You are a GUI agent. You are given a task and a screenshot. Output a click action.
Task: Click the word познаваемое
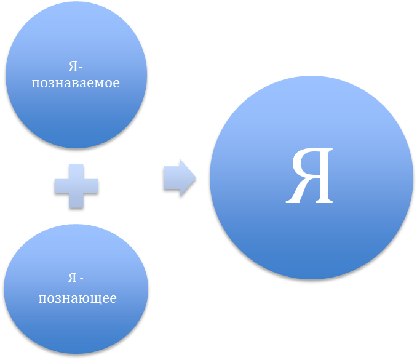coord(76,82)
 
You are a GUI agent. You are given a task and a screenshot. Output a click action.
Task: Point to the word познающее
coord(77,299)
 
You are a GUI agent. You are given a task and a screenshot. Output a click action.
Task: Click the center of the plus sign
coord(76,186)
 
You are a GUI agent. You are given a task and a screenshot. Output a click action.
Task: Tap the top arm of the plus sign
coord(76,170)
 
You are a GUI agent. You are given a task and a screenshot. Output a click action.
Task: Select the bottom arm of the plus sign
coord(76,201)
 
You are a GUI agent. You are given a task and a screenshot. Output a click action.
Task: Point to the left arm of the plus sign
coord(60,186)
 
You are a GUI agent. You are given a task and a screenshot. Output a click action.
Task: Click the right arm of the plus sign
coord(92,186)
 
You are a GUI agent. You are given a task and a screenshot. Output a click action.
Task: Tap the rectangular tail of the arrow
coord(171,178)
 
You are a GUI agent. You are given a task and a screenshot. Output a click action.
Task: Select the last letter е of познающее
coord(113,300)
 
